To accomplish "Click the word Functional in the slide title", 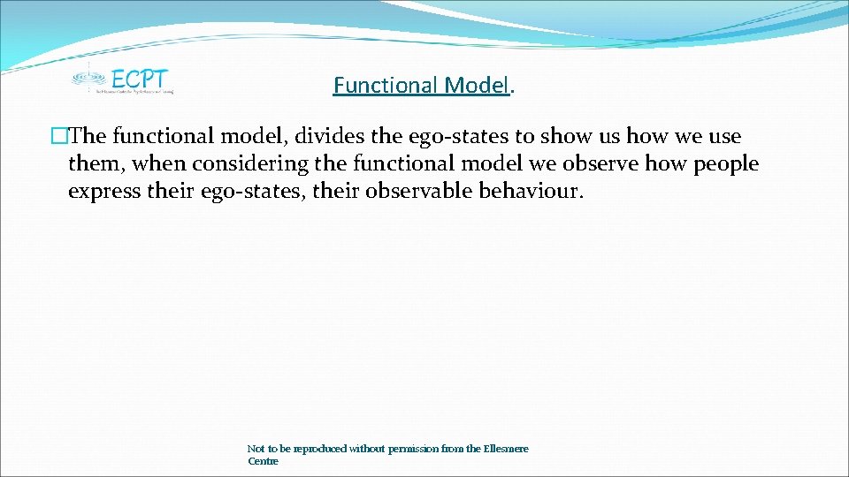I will click(x=386, y=86).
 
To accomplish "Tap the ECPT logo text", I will click(x=140, y=77).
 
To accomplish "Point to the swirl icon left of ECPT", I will click(x=87, y=77).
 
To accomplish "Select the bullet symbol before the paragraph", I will click(x=59, y=137).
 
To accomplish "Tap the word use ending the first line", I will click(x=723, y=137).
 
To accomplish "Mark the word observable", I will click(x=409, y=192).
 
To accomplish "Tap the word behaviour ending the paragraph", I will click(x=532, y=192).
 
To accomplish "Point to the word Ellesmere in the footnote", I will click(x=506, y=449).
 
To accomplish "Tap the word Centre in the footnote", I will click(x=263, y=461).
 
